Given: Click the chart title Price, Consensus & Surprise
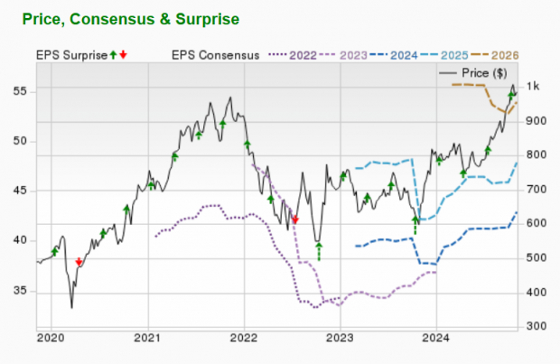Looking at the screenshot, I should pyautogui.click(x=130, y=18).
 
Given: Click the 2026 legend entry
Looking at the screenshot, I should pyautogui.click(x=499, y=55).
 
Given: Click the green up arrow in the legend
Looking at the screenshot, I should pyautogui.click(x=113, y=55).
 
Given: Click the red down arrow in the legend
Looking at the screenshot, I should pyautogui.click(x=123, y=55).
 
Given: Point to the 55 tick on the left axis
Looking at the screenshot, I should pyautogui.click(x=21, y=91).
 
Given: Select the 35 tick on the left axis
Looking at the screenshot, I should pyautogui.click(x=21, y=291).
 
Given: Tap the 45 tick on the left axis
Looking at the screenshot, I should pyautogui.click(x=21, y=191).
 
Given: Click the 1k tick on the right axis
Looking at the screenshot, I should pyautogui.click(x=534, y=87).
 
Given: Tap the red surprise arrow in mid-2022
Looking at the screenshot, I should pyautogui.click(x=294, y=219).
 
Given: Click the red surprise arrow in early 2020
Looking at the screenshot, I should pyautogui.click(x=79, y=262).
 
